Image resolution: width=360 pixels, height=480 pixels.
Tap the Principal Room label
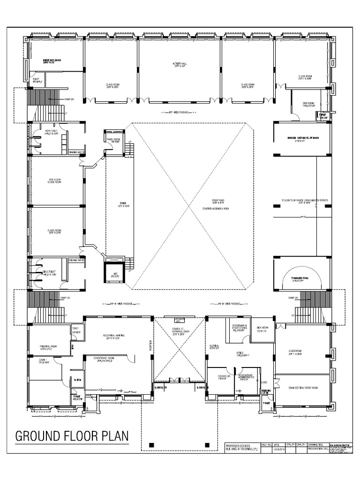click(48, 347)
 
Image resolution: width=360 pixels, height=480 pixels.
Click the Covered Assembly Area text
click(215, 208)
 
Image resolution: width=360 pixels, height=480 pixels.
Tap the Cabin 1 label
click(43, 360)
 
